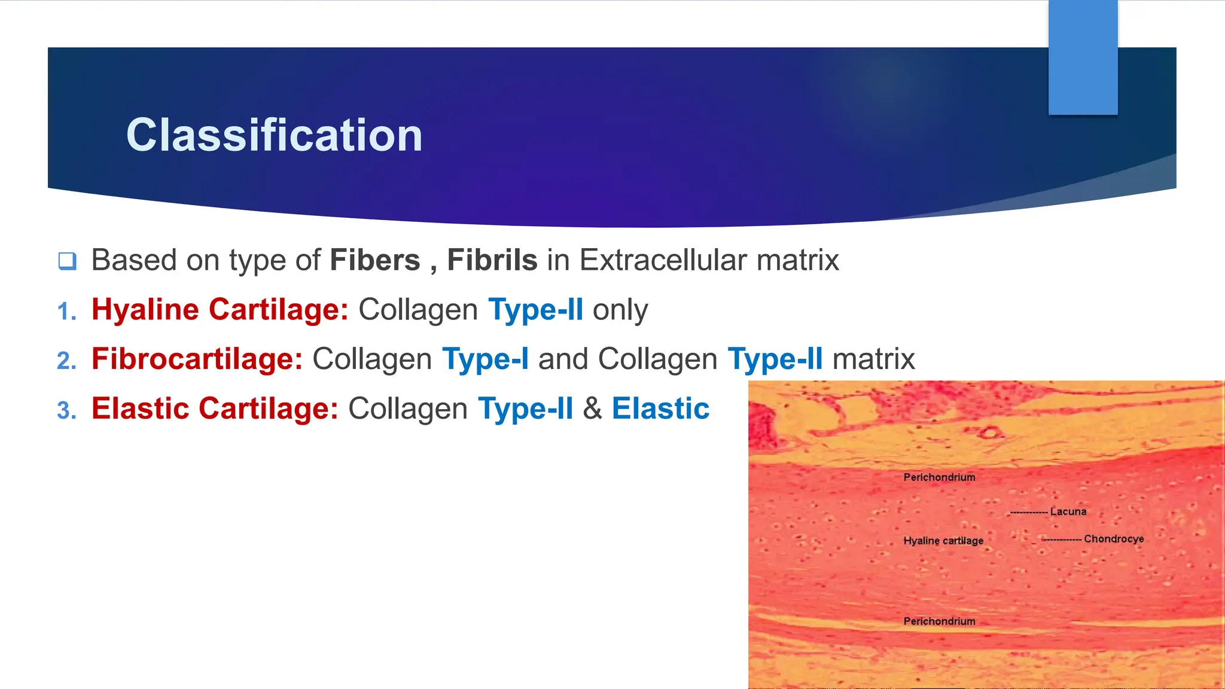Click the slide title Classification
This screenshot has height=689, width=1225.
click(274, 135)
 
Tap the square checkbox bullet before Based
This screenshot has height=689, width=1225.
click(67, 261)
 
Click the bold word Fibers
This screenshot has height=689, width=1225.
click(375, 260)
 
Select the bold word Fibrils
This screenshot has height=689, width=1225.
click(492, 260)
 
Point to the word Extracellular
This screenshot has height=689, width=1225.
click(663, 260)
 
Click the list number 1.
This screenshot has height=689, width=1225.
click(66, 312)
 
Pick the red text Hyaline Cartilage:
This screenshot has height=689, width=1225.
click(220, 310)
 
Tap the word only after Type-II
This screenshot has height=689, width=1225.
click(620, 310)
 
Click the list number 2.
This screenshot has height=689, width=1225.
click(66, 361)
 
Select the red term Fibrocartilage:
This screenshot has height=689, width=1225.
click(197, 359)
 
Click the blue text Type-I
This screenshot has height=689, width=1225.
click(485, 359)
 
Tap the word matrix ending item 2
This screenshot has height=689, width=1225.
click(873, 359)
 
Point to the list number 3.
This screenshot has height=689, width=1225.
click(66, 411)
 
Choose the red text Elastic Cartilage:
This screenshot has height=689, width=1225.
click(215, 409)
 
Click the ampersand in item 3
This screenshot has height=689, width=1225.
click(592, 409)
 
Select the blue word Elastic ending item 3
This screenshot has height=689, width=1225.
click(660, 409)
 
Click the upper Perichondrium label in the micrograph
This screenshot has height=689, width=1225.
click(939, 477)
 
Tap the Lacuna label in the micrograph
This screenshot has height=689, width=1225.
click(1068, 511)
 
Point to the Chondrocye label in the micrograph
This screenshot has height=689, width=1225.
click(1114, 539)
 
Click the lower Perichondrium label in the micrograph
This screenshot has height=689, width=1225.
click(939, 621)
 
